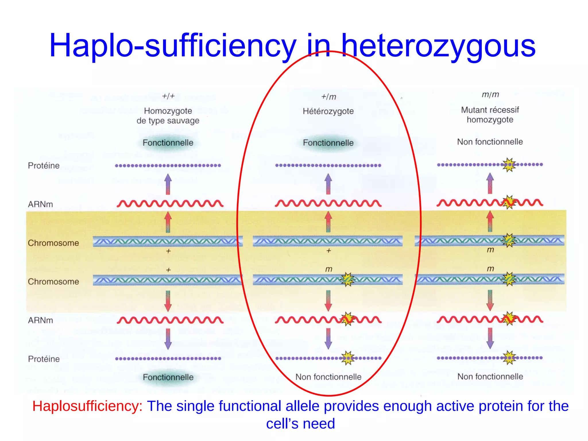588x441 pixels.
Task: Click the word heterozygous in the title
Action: [x=438, y=46]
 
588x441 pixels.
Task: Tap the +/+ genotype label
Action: [x=168, y=96]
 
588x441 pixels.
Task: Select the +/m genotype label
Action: [x=328, y=97]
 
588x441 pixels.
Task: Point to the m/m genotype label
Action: [x=490, y=94]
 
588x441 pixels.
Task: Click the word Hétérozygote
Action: [x=328, y=111]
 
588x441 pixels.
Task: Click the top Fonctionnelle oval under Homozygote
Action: [x=168, y=143]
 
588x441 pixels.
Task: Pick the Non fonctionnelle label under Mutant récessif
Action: [x=490, y=142]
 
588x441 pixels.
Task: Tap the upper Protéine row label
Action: [x=44, y=166]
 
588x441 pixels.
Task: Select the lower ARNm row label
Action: [x=40, y=320]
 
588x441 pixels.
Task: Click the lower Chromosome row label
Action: [x=53, y=282]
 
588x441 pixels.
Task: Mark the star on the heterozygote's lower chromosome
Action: [x=347, y=279]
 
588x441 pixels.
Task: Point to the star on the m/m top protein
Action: [x=509, y=165]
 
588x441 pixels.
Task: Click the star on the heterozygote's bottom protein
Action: [x=348, y=358]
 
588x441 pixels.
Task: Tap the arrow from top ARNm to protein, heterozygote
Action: [x=328, y=184]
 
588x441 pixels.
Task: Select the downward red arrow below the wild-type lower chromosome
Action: [x=168, y=301]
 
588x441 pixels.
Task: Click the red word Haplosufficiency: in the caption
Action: [x=87, y=406]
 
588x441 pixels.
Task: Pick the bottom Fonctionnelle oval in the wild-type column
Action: [x=168, y=377]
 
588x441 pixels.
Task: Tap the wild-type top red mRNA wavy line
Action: [x=170, y=204]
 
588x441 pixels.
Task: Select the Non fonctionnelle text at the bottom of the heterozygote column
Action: [x=328, y=377]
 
